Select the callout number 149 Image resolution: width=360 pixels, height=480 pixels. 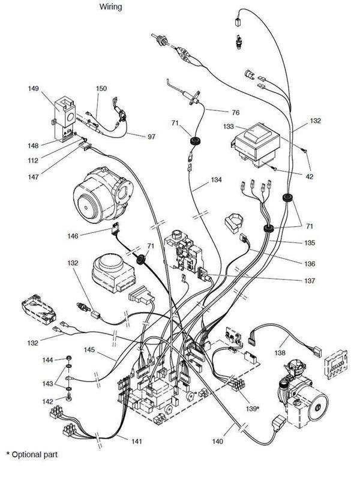click(x=34, y=89)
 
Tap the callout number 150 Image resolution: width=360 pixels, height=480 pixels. click(x=101, y=89)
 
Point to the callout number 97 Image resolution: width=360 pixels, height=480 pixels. click(x=151, y=137)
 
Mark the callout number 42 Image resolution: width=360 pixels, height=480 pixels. click(x=308, y=176)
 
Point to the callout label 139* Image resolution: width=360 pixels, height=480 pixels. click(x=251, y=409)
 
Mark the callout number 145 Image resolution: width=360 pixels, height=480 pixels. click(x=90, y=349)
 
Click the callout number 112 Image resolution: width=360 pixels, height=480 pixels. click(x=34, y=160)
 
